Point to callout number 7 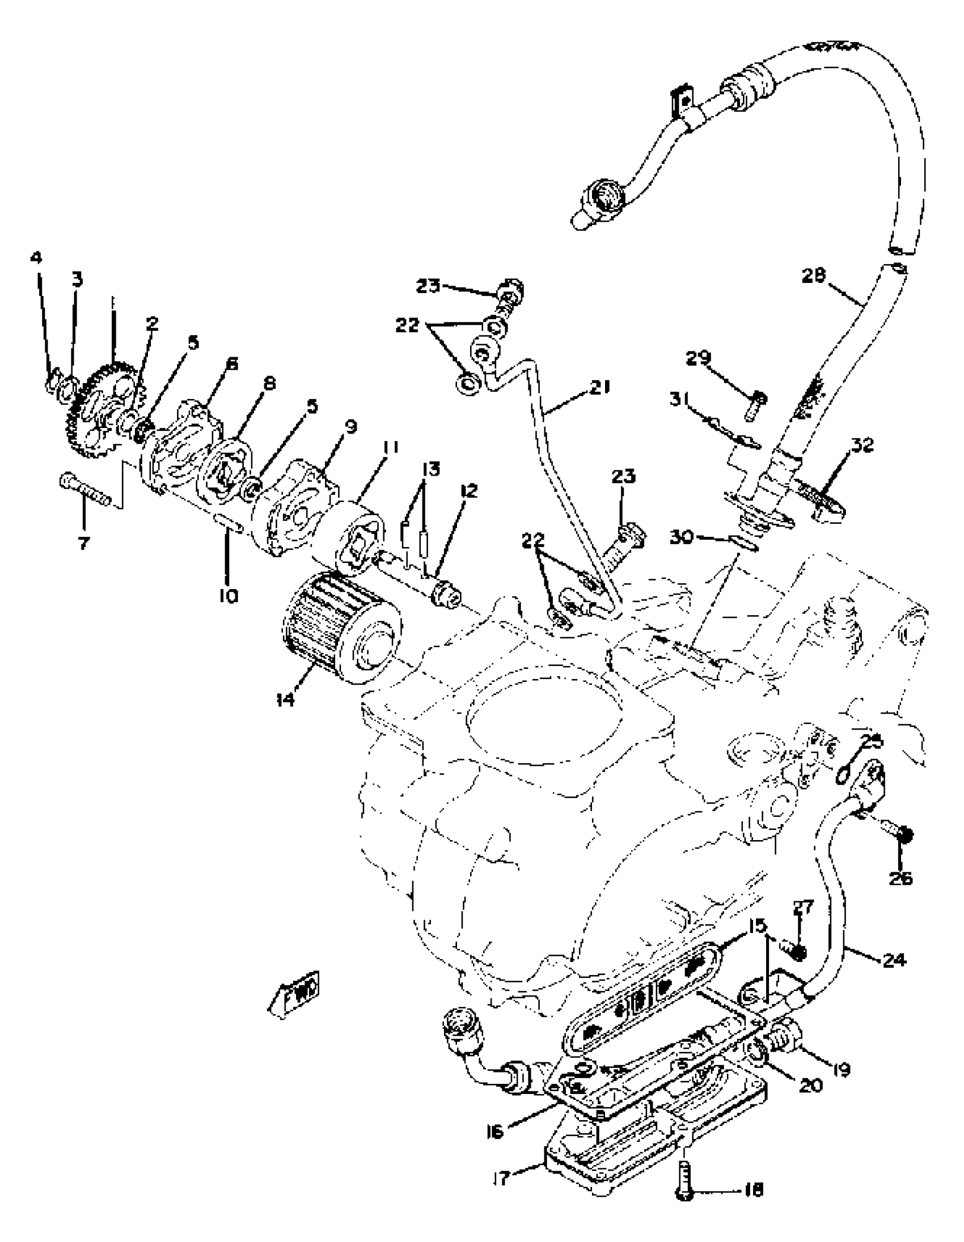click(83, 544)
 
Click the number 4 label click(36, 258)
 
